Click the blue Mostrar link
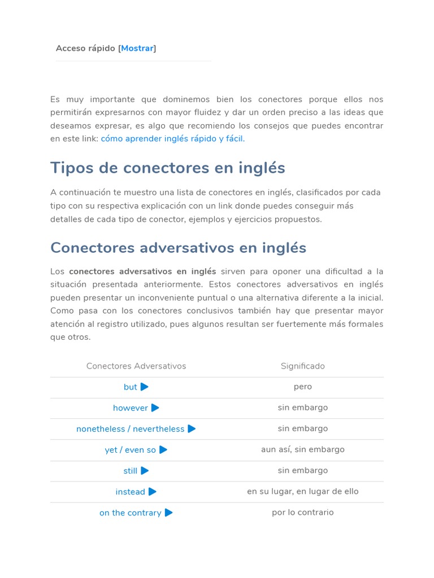click(x=137, y=49)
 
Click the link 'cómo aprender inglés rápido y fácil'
click(x=172, y=139)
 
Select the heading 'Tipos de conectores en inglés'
click(x=167, y=168)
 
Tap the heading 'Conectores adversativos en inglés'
click(x=178, y=248)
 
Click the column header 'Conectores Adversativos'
click(x=136, y=366)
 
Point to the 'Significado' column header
click(x=302, y=366)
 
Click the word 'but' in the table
click(x=130, y=387)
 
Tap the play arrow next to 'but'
click(x=145, y=387)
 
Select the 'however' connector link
click(x=130, y=408)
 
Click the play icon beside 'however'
click(x=155, y=408)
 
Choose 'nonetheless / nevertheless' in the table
click(x=130, y=429)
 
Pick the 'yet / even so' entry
click(x=130, y=450)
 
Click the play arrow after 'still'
click(x=145, y=471)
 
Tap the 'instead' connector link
click(x=130, y=492)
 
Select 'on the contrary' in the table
click(x=130, y=513)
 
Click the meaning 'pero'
click(x=302, y=387)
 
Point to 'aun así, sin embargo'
click(x=302, y=449)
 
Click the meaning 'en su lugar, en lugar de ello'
click(x=302, y=491)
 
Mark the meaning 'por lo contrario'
click(x=302, y=513)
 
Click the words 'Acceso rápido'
click(x=86, y=49)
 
